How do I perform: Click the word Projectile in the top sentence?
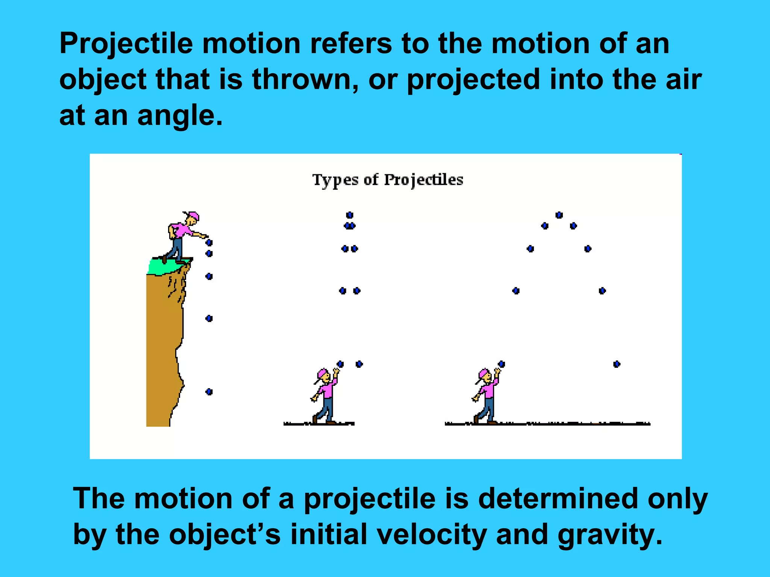126,44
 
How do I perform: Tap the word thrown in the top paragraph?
303,80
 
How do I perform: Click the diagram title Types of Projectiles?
388,180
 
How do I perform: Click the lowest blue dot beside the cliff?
209,392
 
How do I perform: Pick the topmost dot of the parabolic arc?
559,215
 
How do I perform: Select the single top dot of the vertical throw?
350,215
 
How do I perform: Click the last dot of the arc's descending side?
617,364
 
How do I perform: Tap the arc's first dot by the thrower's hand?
502,364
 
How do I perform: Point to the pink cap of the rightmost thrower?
483,374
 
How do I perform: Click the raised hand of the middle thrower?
336,371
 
